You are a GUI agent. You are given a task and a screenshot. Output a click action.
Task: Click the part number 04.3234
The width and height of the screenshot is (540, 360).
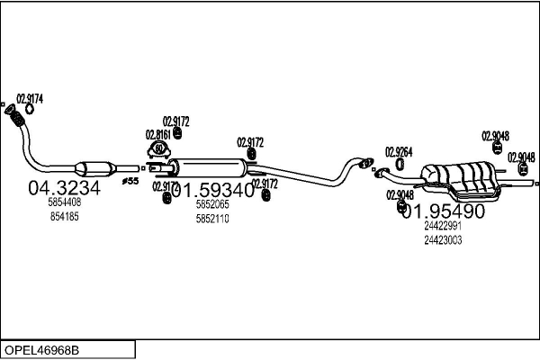pyautogui.click(x=64, y=189)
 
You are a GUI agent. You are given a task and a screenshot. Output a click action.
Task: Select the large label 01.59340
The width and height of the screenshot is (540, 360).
pyautogui.click(x=212, y=190)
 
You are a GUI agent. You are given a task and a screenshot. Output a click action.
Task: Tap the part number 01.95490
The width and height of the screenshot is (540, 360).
pyautogui.click(x=443, y=211)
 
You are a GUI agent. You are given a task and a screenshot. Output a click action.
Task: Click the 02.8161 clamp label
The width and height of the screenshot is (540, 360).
pyautogui.click(x=158, y=134)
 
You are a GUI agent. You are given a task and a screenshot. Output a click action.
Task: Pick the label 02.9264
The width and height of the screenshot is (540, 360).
pyautogui.click(x=399, y=151)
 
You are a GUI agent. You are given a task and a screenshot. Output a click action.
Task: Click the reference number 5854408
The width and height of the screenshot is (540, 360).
pyautogui.click(x=64, y=204)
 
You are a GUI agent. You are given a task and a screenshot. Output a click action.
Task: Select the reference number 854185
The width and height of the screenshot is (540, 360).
pyautogui.click(x=64, y=217)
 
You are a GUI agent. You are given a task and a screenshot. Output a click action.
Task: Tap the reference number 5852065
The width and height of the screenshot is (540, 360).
pyautogui.click(x=212, y=205)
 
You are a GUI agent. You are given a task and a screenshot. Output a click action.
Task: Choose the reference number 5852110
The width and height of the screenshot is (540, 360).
pyautogui.click(x=212, y=218)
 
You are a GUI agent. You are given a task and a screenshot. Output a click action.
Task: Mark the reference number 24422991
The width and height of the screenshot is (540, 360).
pyautogui.click(x=443, y=227)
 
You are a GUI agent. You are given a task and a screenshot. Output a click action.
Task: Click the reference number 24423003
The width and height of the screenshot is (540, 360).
pyautogui.click(x=443, y=239)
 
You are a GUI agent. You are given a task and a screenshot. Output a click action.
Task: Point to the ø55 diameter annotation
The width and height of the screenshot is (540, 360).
pyautogui.click(x=130, y=181)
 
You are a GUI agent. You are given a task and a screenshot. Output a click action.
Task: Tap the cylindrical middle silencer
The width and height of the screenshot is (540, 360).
pyautogui.click(x=209, y=167)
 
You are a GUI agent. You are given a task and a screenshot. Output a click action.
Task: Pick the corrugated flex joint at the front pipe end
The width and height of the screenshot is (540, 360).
pyautogui.click(x=15, y=117)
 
